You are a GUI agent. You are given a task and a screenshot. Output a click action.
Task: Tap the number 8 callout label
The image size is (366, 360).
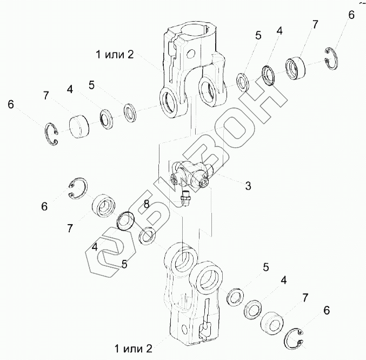click(146, 204)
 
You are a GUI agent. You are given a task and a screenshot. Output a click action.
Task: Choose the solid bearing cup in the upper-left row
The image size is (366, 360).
click(81, 126)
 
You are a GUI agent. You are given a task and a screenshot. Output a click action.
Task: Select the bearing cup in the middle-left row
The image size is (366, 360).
click(104, 207)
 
